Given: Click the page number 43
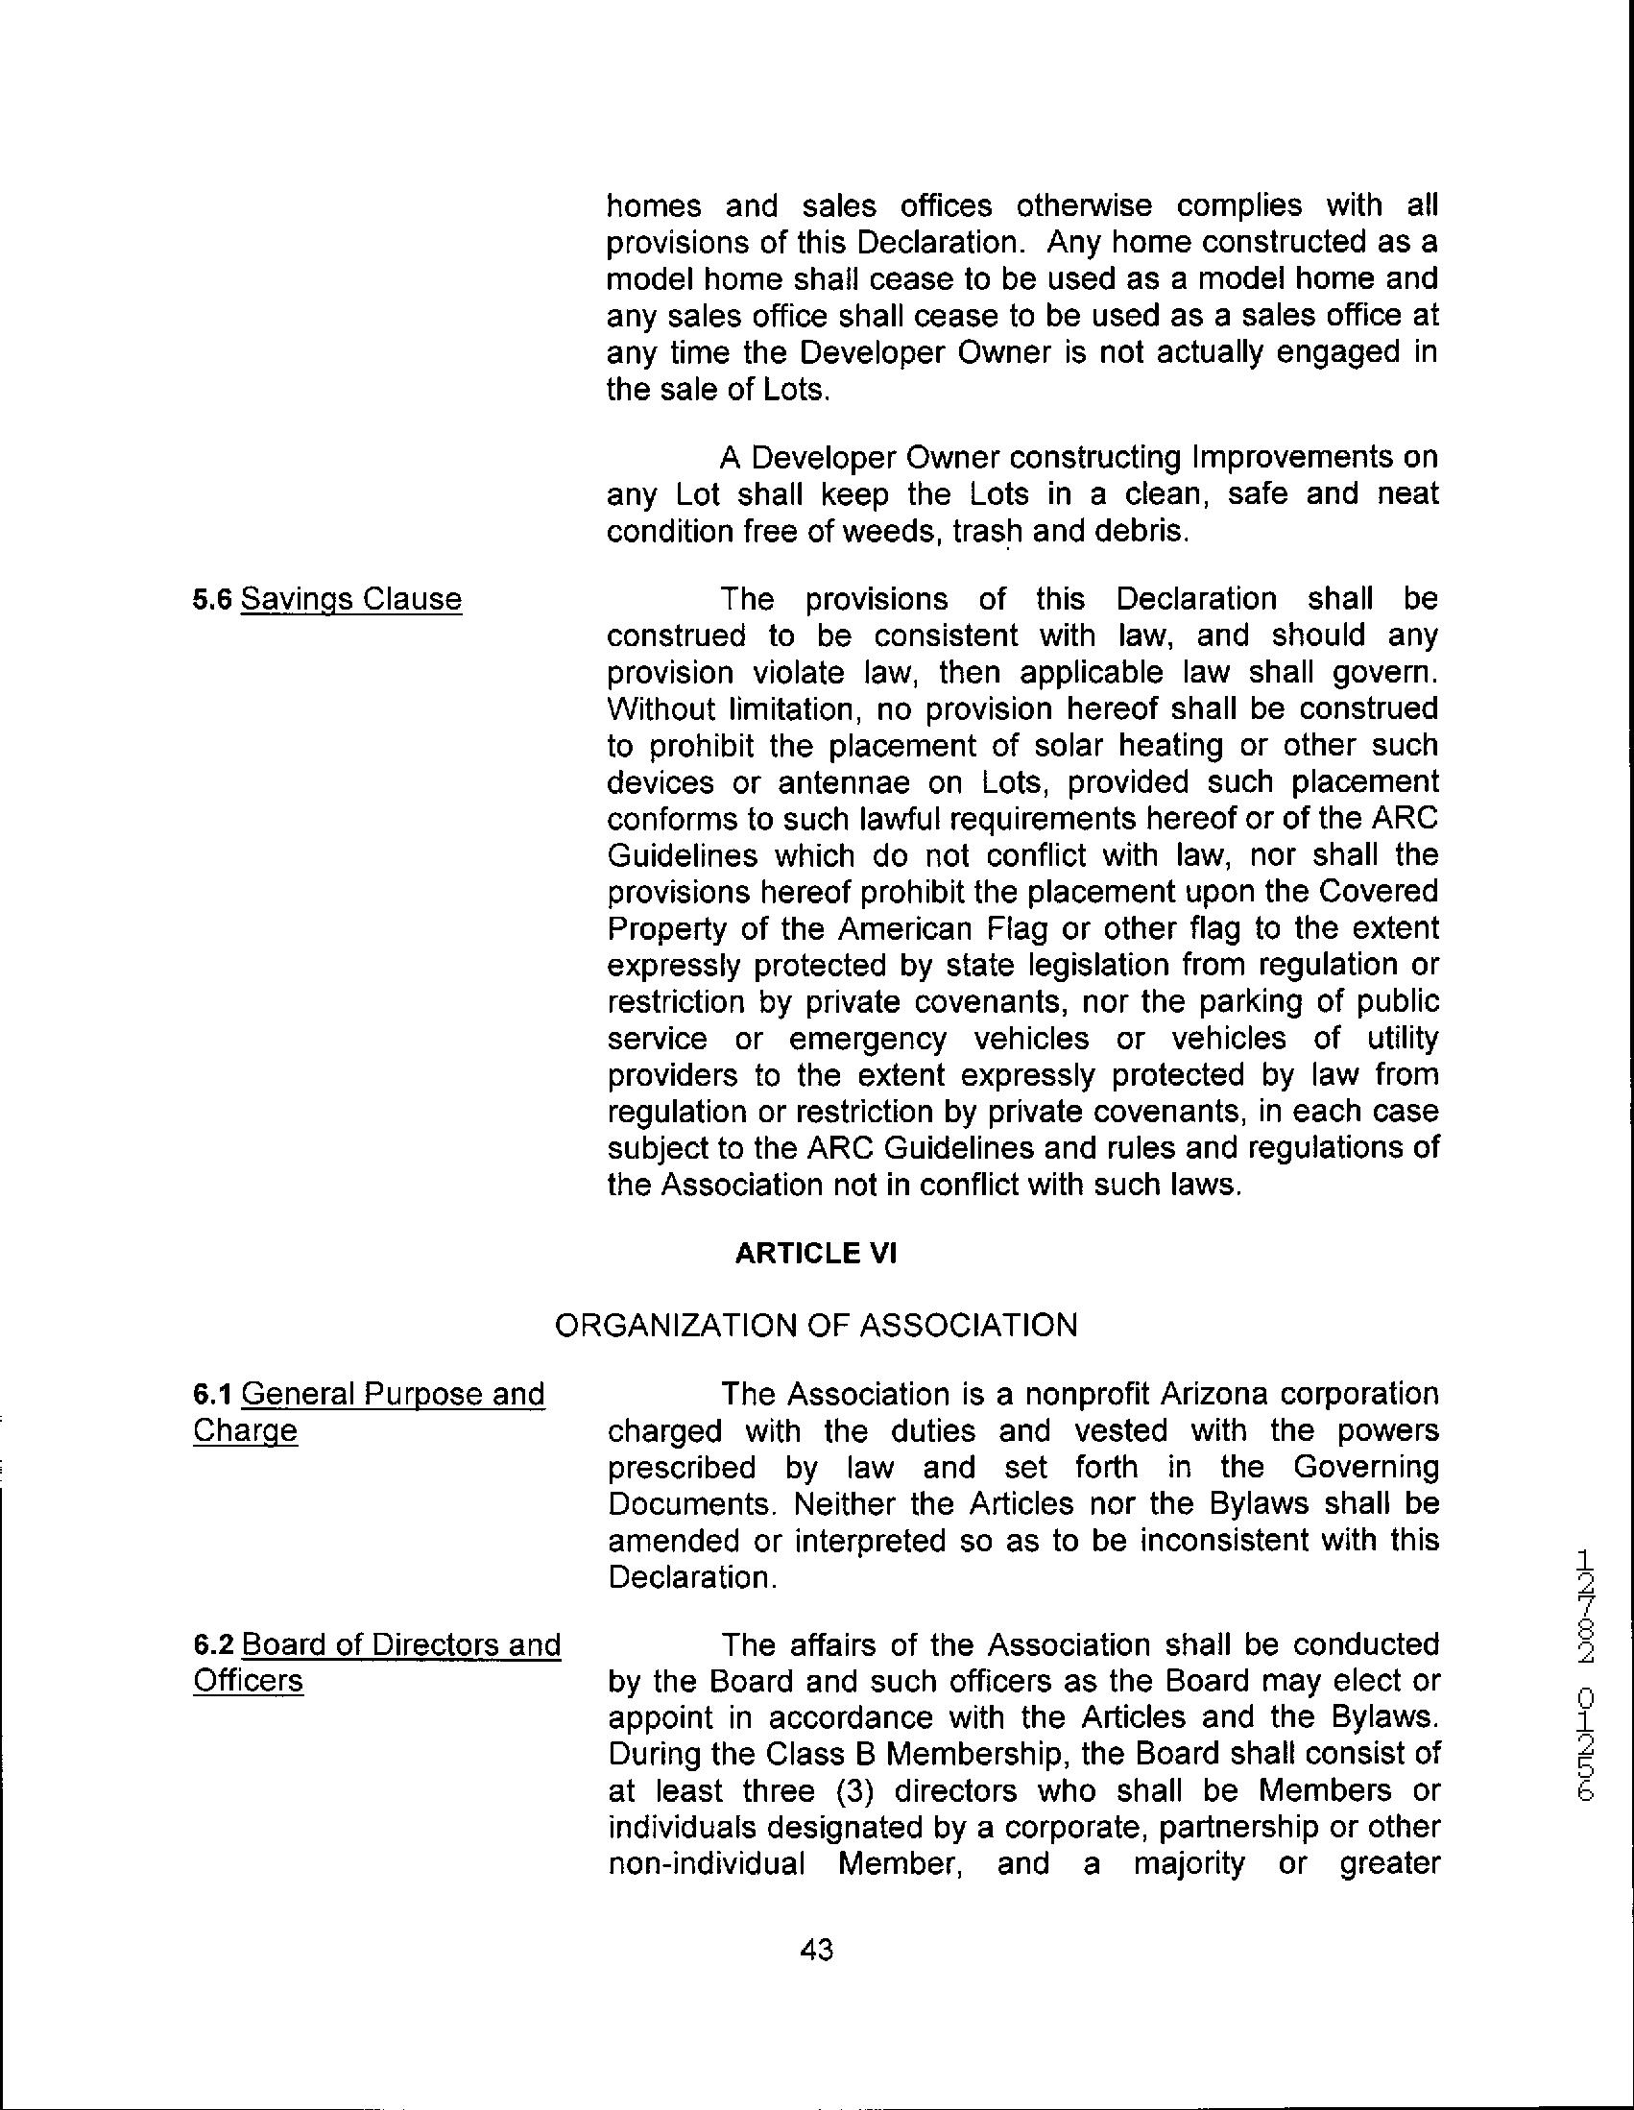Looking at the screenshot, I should pyautogui.click(x=816, y=1950).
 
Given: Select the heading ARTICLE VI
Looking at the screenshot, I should pyautogui.click(x=816, y=1253).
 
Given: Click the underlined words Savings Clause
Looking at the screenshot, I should pyautogui.click(x=350, y=600).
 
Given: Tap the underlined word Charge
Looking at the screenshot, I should pyautogui.click(x=246, y=1430).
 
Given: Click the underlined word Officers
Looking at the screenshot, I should pyautogui.click(x=249, y=1681).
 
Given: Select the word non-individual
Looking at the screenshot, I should pyautogui.click(x=707, y=1863).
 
